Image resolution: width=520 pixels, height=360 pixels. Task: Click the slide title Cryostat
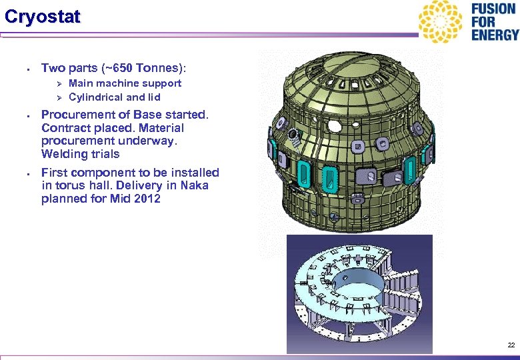pyautogui.click(x=42, y=17)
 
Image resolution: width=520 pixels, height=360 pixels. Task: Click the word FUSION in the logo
pyautogui.click(x=493, y=10)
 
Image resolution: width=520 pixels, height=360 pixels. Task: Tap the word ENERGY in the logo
pyautogui.click(x=495, y=35)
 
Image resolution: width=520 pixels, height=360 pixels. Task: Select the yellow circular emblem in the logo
pyautogui.click(x=440, y=21)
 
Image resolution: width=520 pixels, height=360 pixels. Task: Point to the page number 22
pyautogui.click(x=511, y=345)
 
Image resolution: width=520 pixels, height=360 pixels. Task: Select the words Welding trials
pyautogui.click(x=81, y=154)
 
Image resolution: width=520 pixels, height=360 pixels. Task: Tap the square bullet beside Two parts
pyautogui.click(x=23, y=69)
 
